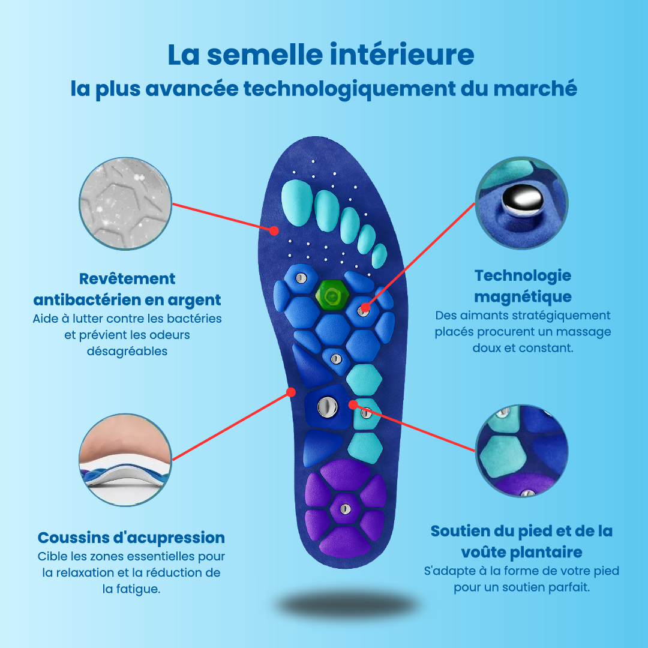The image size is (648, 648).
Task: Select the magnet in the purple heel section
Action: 344,509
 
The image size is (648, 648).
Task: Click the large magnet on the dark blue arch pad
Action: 327,407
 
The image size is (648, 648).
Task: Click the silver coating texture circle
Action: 126,203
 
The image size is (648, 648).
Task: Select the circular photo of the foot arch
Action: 126,460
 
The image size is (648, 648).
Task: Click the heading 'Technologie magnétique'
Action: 523,286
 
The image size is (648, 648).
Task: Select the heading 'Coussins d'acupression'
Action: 131,537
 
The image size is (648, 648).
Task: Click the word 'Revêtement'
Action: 127,279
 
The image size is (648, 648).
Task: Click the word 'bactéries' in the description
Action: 195,318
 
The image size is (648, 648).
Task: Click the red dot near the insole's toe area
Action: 274,230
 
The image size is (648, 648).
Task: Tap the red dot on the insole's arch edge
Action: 291,392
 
